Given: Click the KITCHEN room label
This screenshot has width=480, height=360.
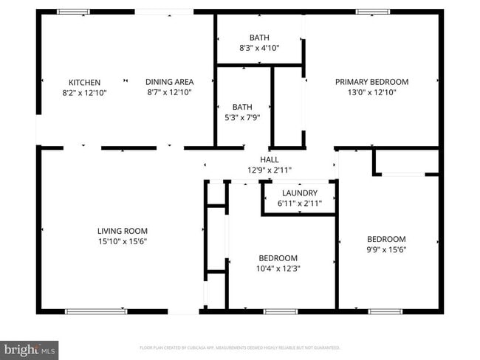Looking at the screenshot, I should coord(84,82).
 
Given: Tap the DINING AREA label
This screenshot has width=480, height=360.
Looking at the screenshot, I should coord(169,82).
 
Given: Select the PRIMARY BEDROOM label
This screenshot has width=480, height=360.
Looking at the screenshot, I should coord(371,82).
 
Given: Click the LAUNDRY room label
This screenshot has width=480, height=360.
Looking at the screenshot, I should coord(299,193).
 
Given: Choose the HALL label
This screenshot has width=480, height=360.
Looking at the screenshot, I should coord(270,159).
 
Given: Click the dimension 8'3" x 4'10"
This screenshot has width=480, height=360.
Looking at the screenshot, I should coord(259,48).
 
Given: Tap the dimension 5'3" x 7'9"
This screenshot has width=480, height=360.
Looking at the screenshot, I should coord(242,117).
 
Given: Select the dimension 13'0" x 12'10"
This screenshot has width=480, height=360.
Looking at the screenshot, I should coord(371,92).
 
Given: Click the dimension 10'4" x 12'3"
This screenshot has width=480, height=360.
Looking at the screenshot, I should coord(278,269).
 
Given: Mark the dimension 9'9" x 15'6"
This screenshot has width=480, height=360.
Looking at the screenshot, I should coord(386,249).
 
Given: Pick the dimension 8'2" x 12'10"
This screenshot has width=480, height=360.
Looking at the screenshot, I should coord(84,92).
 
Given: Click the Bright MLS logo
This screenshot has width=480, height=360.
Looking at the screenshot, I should coord(30,348).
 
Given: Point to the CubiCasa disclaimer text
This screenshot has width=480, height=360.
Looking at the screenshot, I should coord(240,347).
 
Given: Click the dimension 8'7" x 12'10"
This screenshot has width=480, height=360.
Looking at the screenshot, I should coord(169,92).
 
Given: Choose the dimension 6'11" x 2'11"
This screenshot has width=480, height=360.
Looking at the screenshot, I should coord(299,204).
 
